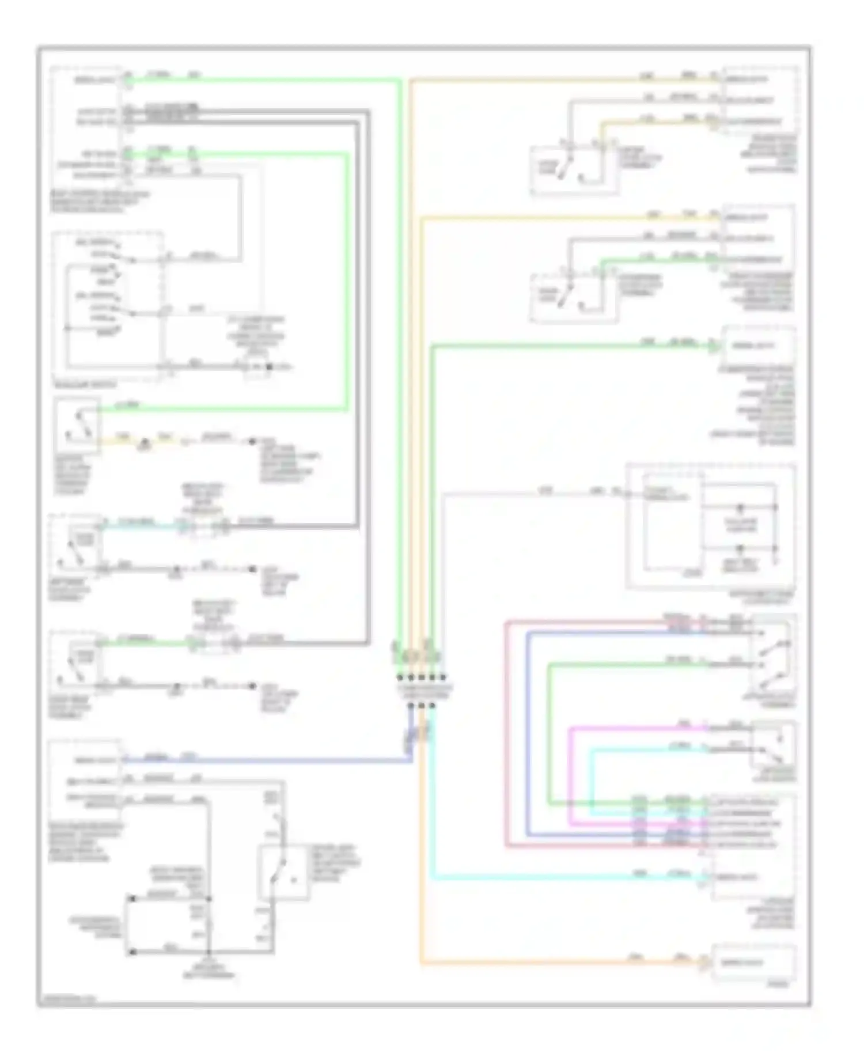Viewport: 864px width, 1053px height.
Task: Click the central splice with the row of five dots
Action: (x=421, y=677)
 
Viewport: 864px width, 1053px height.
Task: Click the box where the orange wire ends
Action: (x=754, y=963)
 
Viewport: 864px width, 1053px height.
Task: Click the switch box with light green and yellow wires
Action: (x=78, y=425)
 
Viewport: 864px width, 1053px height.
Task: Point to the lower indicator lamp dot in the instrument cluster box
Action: (x=741, y=548)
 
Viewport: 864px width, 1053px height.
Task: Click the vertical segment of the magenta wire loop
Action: (x=571, y=778)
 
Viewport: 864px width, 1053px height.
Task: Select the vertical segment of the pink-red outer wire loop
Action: (x=506, y=734)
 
